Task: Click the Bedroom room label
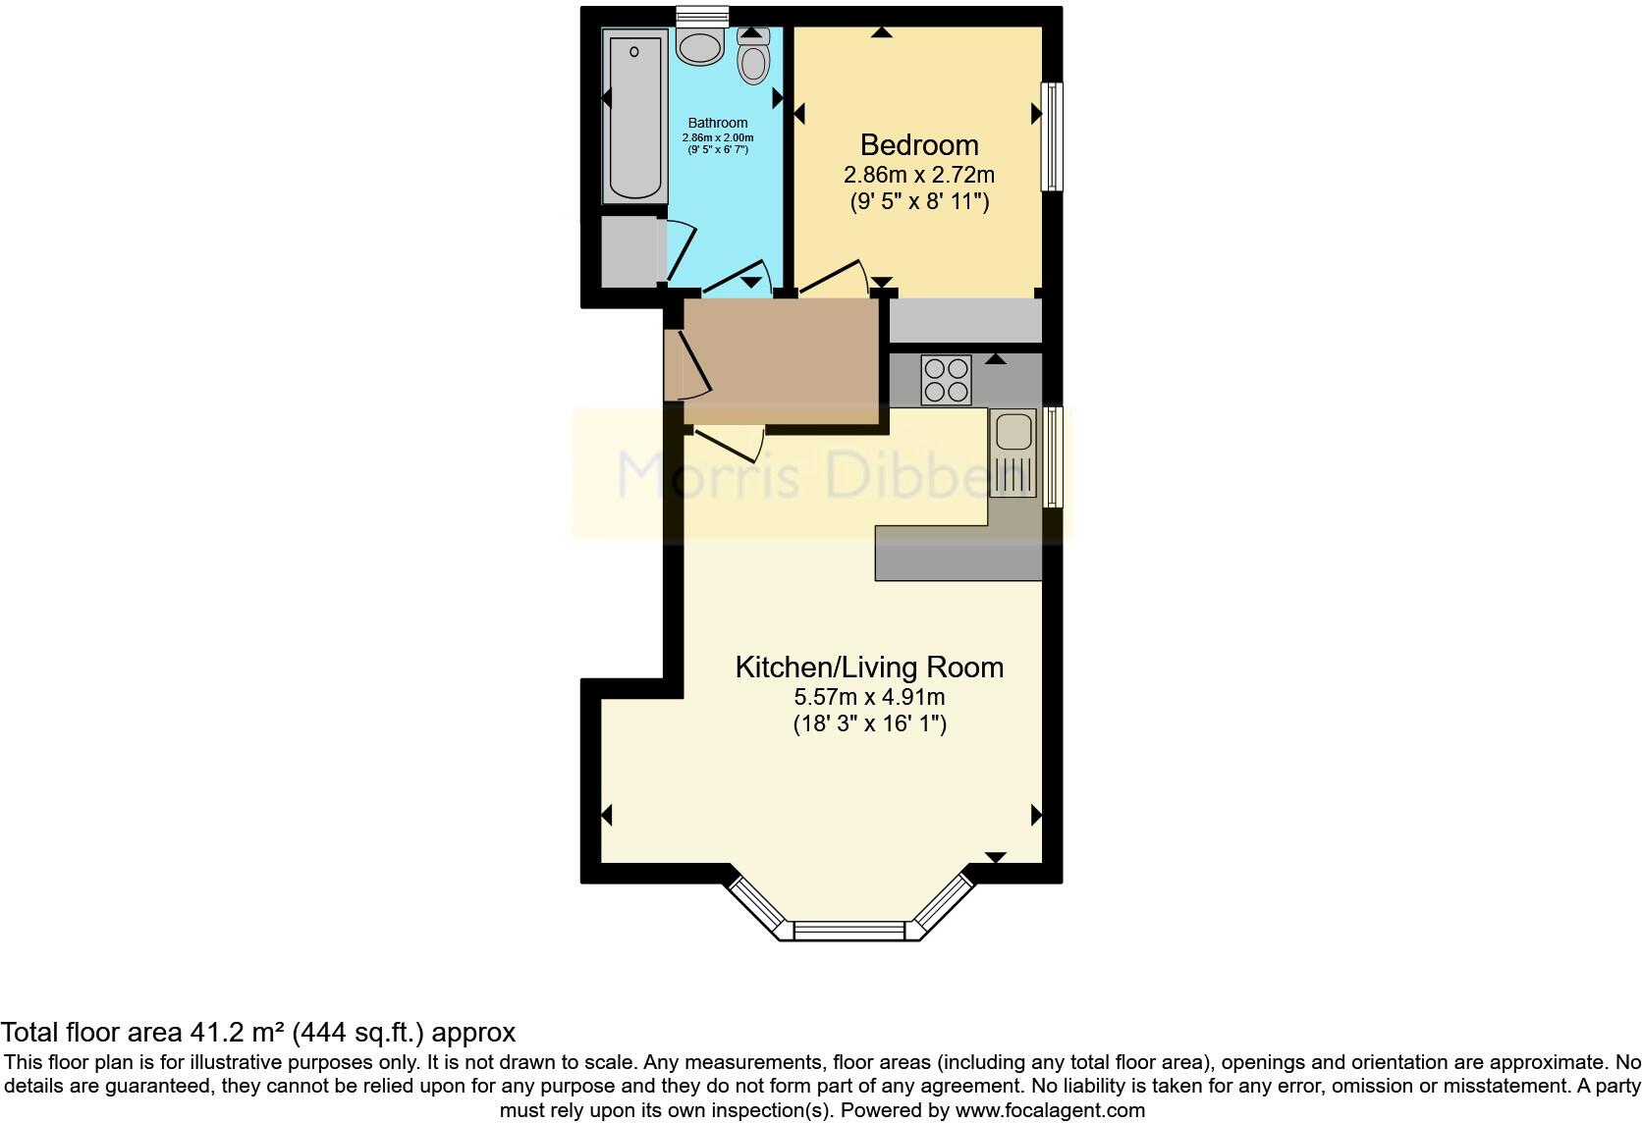tap(919, 145)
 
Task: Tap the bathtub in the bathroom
tap(634, 116)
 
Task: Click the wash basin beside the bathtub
tap(700, 46)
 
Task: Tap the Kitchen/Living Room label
tap(869, 668)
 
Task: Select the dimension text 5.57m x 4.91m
tap(869, 697)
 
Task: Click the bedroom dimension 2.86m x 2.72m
tap(919, 175)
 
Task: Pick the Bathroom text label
tap(718, 124)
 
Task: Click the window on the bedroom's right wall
tap(1052, 136)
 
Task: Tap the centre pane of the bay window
tap(849, 930)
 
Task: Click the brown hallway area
tap(781, 359)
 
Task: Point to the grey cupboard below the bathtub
tap(629, 252)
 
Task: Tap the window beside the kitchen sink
tap(1053, 457)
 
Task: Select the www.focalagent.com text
tap(1050, 1110)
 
